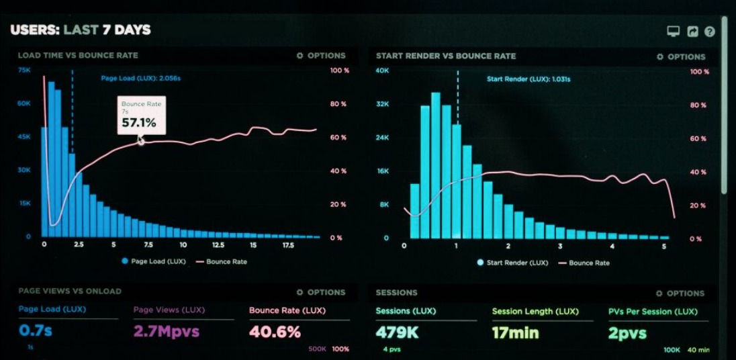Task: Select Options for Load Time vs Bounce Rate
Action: pyautogui.click(x=321, y=56)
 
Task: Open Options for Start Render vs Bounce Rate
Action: pyautogui.click(x=681, y=57)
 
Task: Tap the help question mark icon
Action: pyautogui.click(x=709, y=32)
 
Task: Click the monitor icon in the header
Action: pyautogui.click(x=673, y=32)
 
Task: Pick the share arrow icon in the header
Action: pyautogui.click(x=692, y=32)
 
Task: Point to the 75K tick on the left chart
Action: pyautogui.click(x=24, y=70)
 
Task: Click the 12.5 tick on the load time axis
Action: pyautogui.click(x=218, y=245)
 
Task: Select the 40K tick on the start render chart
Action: pyautogui.click(x=382, y=71)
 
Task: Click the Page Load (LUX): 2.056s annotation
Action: pyautogui.click(x=140, y=79)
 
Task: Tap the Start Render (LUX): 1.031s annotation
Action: pyautogui.click(x=528, y=79)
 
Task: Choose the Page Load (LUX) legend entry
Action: pyautogui.click(x=154, y=261)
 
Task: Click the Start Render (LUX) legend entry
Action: pyautogui.click(x=512, y=263)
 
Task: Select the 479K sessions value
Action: pyautogui.click(x=398, y=332)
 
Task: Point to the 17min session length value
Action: pyautogui.click(x=515, y=332)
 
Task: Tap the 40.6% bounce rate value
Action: pyautogui.click(x=275, y=331)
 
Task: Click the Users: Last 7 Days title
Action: pyautogui.click(x=81, y=30)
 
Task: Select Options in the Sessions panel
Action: pyautogui.click(x=681, y=294)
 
